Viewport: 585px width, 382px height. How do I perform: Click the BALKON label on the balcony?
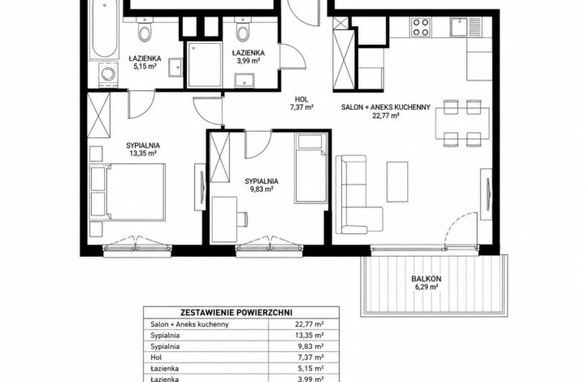426,279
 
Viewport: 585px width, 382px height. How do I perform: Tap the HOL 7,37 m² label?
301,103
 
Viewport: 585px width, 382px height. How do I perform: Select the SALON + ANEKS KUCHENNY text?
386,107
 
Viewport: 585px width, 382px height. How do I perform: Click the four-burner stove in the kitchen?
421,27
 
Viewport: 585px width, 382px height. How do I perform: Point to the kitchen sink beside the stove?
461,27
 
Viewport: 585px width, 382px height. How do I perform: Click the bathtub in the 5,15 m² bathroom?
104,30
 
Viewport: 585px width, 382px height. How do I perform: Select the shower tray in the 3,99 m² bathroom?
205,64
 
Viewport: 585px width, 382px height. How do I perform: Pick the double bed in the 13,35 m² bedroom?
128,192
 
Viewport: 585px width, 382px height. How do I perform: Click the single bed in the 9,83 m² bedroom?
311,168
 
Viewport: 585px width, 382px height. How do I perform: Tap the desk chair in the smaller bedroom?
242,219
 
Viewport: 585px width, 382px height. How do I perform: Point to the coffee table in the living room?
397,182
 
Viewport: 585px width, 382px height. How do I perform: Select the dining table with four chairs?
462,123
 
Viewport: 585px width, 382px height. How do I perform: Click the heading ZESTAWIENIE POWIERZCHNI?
236,313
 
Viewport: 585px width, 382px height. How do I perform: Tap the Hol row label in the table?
156,358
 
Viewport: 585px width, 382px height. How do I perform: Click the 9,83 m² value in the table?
310,346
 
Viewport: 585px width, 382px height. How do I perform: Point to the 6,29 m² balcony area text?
426,287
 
